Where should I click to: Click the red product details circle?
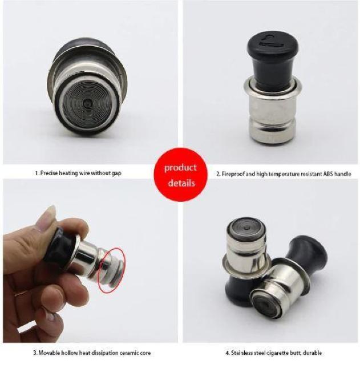[181, 175]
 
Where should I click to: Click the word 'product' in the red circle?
[180, 168]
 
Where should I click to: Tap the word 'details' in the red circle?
[181, 183]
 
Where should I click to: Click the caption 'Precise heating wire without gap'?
[78, 173]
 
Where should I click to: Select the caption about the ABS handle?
[284, 173]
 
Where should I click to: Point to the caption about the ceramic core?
[92, 353]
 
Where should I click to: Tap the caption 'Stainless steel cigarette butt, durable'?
[274, 353]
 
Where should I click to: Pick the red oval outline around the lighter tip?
[112, 270]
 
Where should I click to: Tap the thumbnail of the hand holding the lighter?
[90, 261]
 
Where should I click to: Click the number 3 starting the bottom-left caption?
[34, 353]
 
